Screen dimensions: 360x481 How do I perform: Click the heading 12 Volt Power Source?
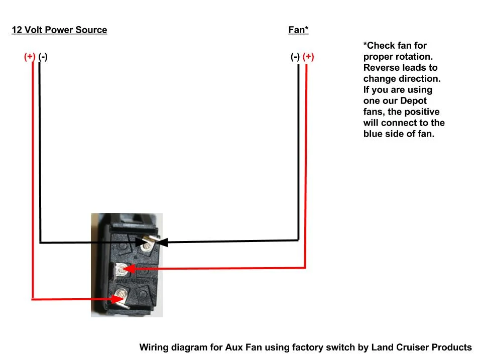click(x=59, y=30)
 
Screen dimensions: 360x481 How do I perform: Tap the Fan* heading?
click(x=298, y=30)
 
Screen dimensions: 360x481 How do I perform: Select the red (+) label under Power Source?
click(x=30, y=57)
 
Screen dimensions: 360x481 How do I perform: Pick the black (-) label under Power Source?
click(x=43, y=57)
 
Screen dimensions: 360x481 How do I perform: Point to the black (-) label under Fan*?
click(x=295, y=57)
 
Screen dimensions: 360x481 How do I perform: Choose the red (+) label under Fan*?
click(x=308, y=57)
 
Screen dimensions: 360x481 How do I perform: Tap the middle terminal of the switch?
click(x=121, y=270)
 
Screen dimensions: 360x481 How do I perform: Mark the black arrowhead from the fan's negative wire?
click(x=162, y=243)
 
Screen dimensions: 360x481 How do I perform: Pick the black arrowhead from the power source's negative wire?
click(x=138, y=243)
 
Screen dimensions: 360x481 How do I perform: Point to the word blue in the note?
click(x=373, y=134)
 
